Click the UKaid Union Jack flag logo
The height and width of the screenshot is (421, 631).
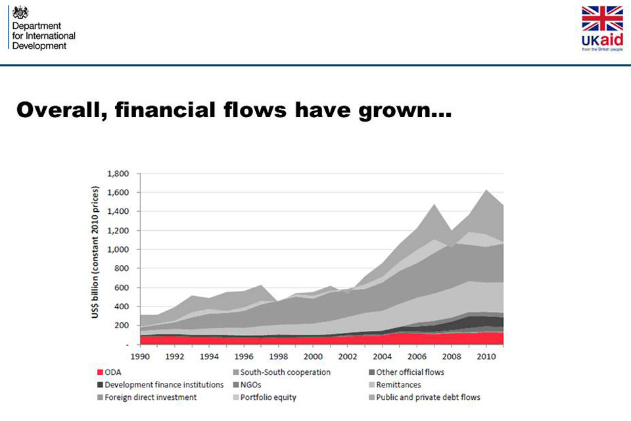click(x=602, y=19)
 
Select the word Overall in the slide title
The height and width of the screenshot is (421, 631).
click(x=59, y=109)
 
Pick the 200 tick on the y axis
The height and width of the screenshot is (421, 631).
click(x=122, y=326)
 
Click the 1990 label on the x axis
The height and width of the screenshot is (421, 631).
click(x=139, y=356)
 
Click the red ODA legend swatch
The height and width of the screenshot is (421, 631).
click(x=99, y=372)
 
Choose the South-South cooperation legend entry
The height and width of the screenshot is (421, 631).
click(x=285, y=372)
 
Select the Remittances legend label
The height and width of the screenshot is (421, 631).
click(x=398, y=385)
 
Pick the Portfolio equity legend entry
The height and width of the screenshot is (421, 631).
click(x=268, y=397)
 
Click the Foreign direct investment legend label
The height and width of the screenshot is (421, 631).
click(x=151, y=397)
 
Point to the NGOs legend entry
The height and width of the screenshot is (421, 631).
click(x=252, y=385)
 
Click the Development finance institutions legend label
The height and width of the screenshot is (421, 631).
click(x=164, y=385)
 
